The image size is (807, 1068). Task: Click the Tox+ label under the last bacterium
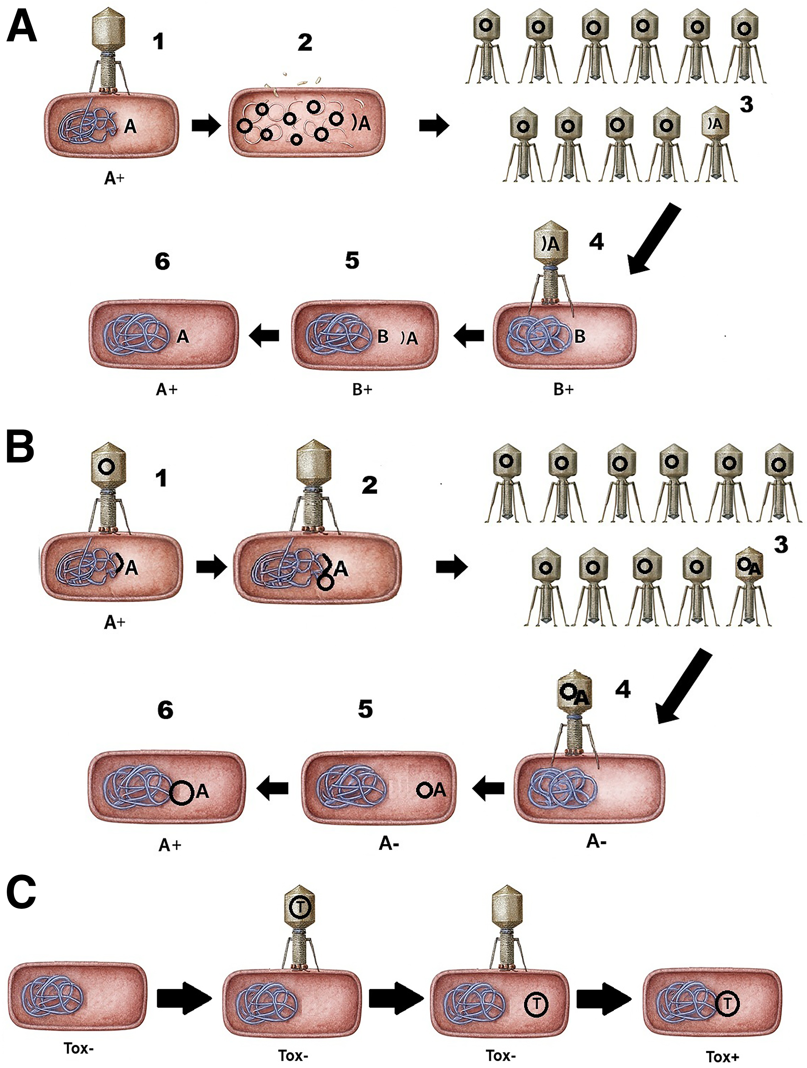pyautogui.click(x=722, y=1056)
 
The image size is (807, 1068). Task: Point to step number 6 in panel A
pyautogui.click(x=162, y=261)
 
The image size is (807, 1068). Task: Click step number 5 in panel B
pyautogui.click(x=365, y=709)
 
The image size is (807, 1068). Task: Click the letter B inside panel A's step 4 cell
pyautogui.click(x=580, y=337)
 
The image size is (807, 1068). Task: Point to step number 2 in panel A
pyautogui.click(x=304, y=43)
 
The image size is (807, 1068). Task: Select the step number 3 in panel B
pyautogui.click(x=781, y=544)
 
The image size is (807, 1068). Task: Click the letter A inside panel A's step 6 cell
pyautogui.click(x=182, y=336)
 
